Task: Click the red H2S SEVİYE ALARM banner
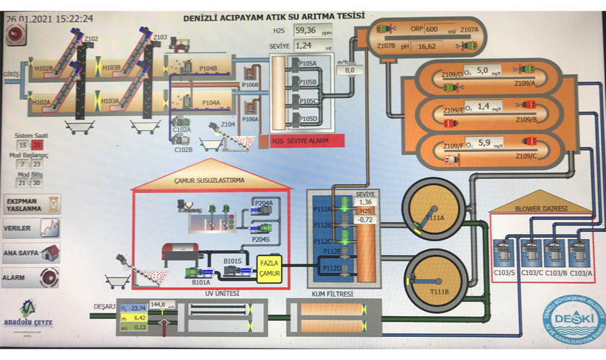coord(308,141)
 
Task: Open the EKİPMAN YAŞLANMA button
coord(30,202)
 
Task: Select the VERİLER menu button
coord(30,228)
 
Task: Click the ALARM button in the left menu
coord(30,277)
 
